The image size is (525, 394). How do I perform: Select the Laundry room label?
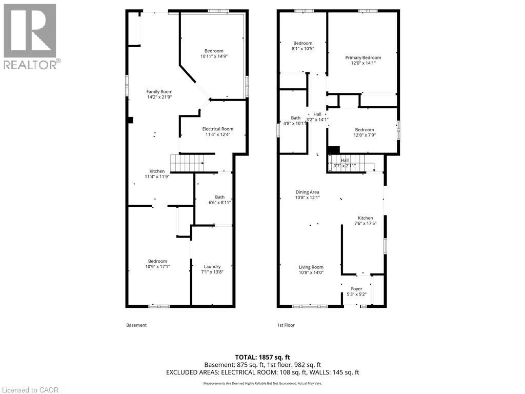pyautogui.click(x=212, y=266)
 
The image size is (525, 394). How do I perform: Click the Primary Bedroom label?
pyautogui.click(x=363, y=58)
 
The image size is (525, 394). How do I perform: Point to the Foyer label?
pyautogui.click(x=356, y=289)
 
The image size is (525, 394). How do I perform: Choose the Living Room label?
pyautogui.click(x=311, y=267)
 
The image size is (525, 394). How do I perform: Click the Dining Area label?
pyautogui.click(x=307, y=192)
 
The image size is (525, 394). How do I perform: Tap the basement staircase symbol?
pyautogui.click(x=187, y=163)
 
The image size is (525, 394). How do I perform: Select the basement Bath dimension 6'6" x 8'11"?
pyautogui.click(x=219, y=203)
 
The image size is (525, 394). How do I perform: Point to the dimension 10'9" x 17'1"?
pyautogui.click(x=157, y=267)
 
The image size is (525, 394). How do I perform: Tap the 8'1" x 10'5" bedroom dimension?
pyautogui.click(x=302, y=49)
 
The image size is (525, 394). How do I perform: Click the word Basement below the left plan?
pyautogui.click(x=136, y=325)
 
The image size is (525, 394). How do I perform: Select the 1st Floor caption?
pyautogui.click(x=286, y=325)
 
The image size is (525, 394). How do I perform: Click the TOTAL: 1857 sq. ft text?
pyautogui.click(x=262, y=357)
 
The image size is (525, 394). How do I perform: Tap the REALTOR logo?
pyautogui.click(x=30, y=36)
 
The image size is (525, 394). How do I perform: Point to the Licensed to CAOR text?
pyautogui.click(x=30, y=390)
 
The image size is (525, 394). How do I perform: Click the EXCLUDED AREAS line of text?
pyautogui.click(x=262, y=372)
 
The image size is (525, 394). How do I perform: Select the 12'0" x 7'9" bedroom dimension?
pyautogui.click(x=363, y=135)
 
